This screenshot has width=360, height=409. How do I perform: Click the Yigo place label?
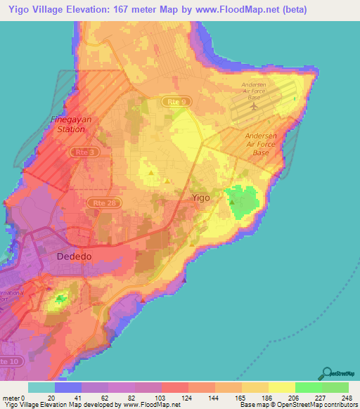pyautogui.click(x=201, y=198)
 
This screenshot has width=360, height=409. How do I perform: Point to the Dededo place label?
pyautogui.click(x=74, y=257)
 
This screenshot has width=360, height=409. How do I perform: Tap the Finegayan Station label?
pyautogui.click(x=70, y=124)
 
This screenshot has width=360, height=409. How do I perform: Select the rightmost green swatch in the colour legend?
pyautogui.click(x=335, y=387)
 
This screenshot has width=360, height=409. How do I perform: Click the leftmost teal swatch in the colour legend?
pyautogui.click(x=41, y=387)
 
